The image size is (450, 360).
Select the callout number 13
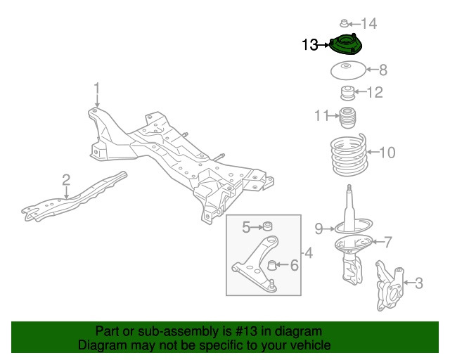tap(310, 46)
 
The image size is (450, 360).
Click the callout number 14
tap(369, 24)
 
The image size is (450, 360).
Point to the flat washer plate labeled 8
tap(346, 70)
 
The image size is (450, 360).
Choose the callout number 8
tap(383, 70)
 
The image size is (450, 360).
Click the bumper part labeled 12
tap(347, 92)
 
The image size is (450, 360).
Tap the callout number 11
tap(321, 115)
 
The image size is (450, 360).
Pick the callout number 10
tap(387, 152)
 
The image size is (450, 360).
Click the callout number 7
tap(387, 243)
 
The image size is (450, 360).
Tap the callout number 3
tap(419, 284)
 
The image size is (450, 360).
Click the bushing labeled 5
tap(267, 226)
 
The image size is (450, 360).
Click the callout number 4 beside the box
tap(307, 252)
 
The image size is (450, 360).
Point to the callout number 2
tap(65, 179)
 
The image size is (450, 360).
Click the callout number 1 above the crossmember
tap(98, 88)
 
